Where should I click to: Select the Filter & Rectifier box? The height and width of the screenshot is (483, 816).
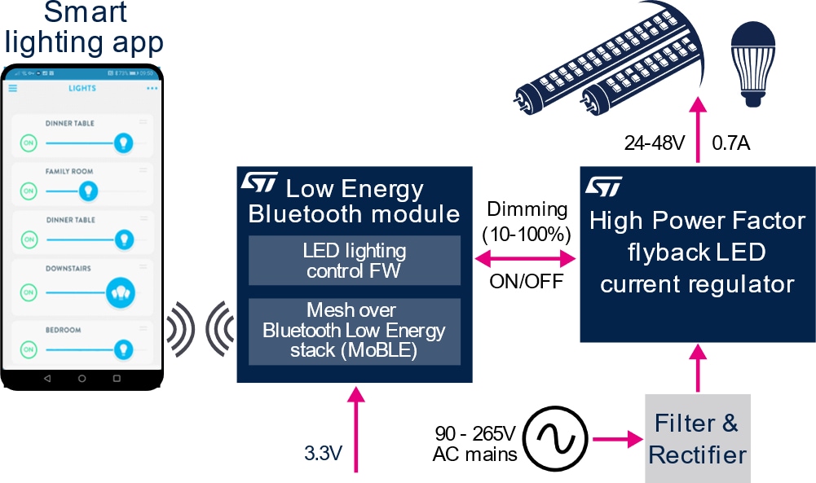[x=698, y=438]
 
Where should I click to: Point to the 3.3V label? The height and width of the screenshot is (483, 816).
[x=324, y=453]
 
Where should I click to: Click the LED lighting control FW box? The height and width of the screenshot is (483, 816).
[x=354, y=261]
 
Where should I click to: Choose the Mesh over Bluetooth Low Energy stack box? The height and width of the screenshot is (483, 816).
[x=354, y=331]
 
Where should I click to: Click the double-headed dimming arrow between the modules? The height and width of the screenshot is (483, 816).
[x=525, y=260]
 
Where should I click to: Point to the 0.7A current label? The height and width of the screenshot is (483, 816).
[x=730, y=144]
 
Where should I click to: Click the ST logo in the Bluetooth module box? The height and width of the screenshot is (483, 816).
[x=259, y=182]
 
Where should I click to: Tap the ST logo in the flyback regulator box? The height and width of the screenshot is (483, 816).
[x=603, y=186]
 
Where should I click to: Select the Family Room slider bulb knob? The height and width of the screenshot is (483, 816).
[x=87, y=191]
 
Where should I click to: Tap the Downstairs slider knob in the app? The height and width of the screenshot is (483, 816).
[x=120, y=292]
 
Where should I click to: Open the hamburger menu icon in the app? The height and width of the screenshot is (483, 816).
[x=13, y=88]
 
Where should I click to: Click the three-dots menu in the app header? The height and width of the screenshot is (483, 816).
[x=152, y=88]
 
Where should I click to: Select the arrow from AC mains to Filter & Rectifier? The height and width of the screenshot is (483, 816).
[x=615, y=440]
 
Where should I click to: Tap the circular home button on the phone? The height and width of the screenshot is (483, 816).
[x=82, y=379]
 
